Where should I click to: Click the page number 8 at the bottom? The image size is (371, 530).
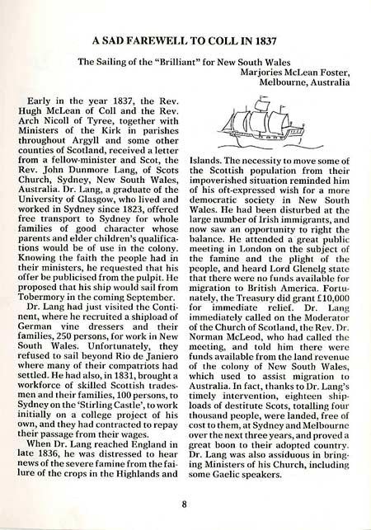[185, 509]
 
